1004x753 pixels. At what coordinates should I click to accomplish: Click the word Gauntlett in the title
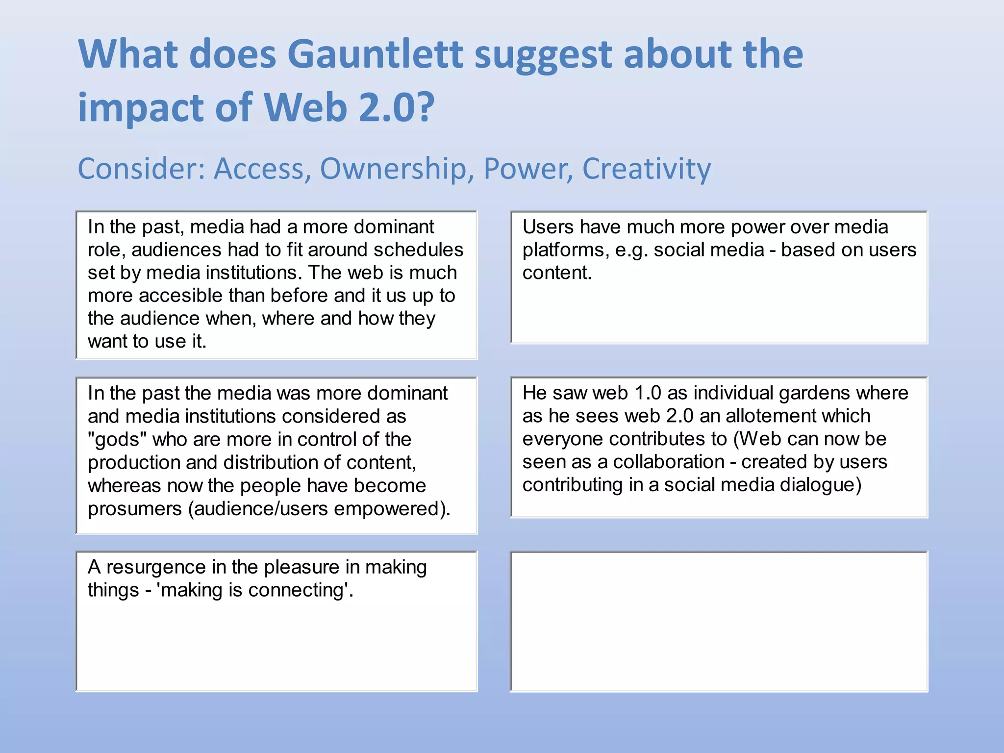tap(375, 54)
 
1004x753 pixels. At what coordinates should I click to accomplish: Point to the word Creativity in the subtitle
tap(646, 169)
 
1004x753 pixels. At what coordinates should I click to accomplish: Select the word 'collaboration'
tap(669, 462)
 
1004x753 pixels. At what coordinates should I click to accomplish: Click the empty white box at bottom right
tap(719, 622)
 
